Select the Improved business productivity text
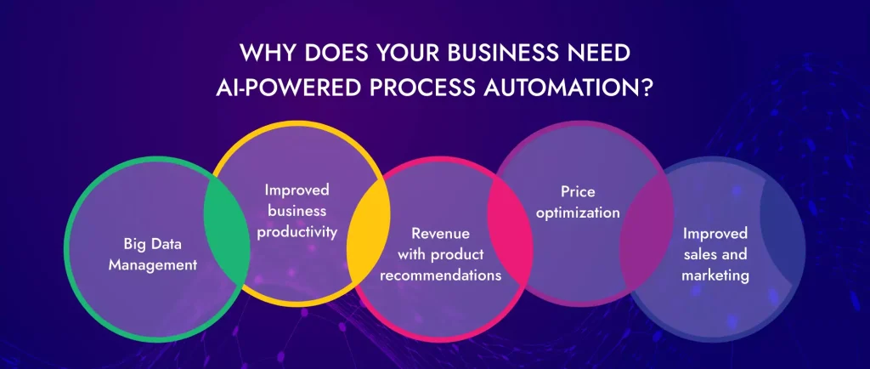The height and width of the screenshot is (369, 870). (x=297, y=210)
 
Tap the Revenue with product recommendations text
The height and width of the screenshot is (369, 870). (x=439, y=253)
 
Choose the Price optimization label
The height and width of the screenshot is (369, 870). (x=578, y=202)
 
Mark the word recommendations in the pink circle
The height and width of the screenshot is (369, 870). (x=439, y=275)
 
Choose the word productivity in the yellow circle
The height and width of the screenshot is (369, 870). (x=297, y=231)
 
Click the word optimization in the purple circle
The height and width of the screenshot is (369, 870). (x=578, y=213)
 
